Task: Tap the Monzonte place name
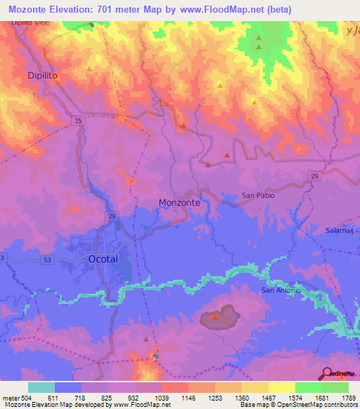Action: pos(180,202)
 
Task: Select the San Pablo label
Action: pos(257,195)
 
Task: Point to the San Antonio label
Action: pos(281,290)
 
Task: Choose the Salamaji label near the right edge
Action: pos(342,231)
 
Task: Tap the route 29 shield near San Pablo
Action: pos(314,175)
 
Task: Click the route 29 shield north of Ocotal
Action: pos(112,217)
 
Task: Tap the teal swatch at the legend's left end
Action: pos(41,387)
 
